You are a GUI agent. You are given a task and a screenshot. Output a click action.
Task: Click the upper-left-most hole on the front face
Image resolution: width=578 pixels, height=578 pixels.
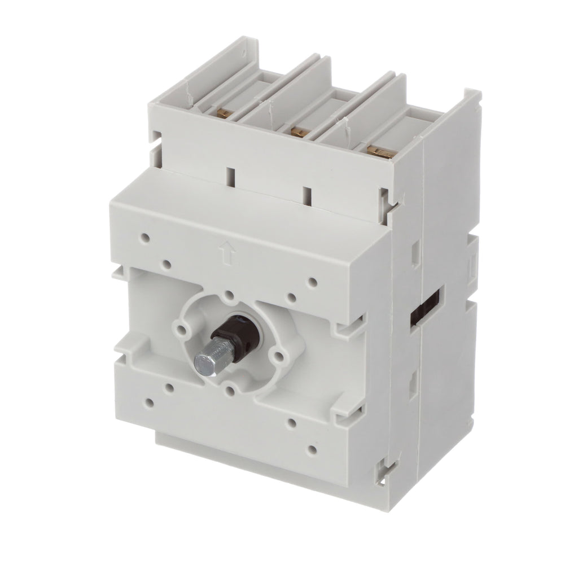146,239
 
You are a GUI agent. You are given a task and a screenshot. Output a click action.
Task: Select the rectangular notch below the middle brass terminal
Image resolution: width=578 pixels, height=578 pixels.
306,195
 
